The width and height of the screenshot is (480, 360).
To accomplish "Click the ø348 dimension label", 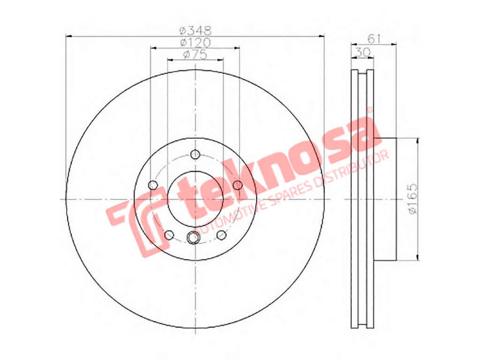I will tap(194, 30).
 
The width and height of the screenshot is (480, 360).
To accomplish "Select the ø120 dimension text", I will tap(194, 42).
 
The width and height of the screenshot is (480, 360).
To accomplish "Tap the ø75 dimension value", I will tap(194, 54).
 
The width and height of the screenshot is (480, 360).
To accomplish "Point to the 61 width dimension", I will tap(374, 38).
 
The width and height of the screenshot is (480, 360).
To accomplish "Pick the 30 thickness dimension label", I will tap(363, 52).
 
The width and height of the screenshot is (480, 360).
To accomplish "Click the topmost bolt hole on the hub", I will tap(195, 154).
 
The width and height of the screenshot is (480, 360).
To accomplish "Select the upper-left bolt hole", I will tap(153, 185).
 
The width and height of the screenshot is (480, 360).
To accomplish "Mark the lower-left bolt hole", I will tap(170, 235).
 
